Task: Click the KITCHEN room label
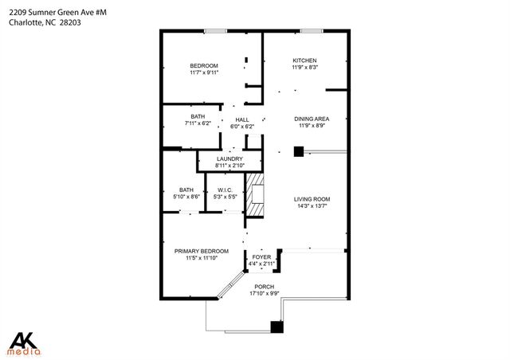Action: tap(304, 61)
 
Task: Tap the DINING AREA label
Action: tap(312, 119)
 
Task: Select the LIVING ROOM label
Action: tap(312, 199)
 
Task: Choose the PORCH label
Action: tap(264, 287)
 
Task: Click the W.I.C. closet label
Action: tap(223, 190)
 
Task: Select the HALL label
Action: tap(241, 120)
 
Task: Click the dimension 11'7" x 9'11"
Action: tap(204, 72)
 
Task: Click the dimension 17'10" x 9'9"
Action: tap(264, 293)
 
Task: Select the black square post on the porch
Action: tap(277, 326)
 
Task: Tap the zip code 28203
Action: tap(71, 22)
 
